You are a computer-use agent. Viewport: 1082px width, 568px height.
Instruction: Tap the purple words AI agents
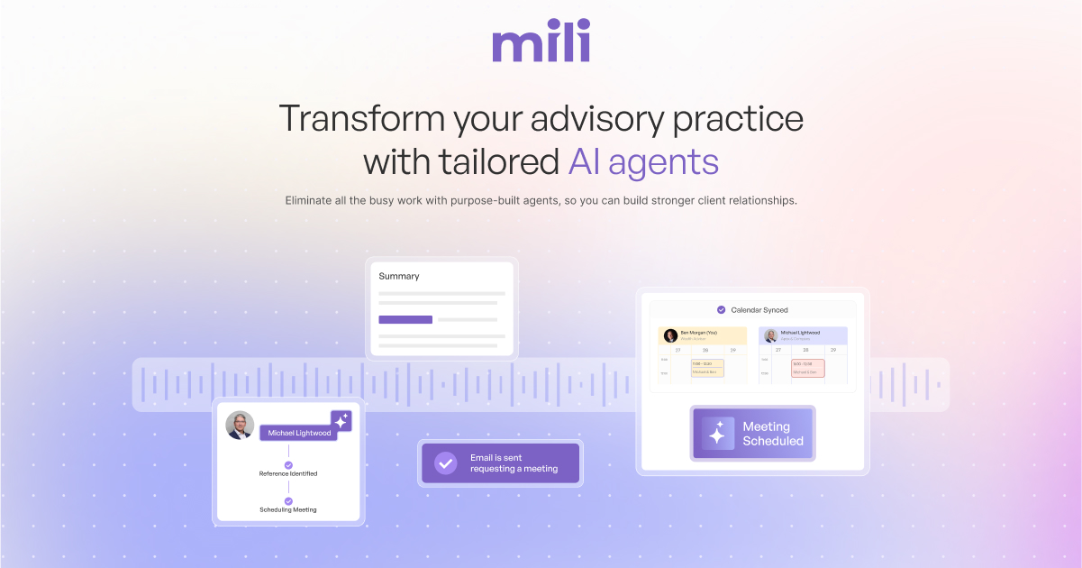[643, 162]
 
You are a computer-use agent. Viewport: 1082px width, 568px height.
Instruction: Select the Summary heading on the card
[399, 276]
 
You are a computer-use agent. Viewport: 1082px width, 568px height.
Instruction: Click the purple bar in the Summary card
[405, 319]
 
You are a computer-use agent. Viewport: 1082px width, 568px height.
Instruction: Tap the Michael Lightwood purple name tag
[299, 433]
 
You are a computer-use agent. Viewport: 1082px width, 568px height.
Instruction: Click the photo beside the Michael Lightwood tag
[240, 425]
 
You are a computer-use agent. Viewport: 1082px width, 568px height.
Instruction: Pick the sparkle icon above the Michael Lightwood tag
[341, 420]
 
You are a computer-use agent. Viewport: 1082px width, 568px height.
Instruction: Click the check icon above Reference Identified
[288, 465]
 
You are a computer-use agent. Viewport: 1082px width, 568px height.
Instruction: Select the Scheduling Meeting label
[288, 509]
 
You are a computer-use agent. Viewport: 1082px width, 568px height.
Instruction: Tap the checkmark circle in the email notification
[445, 463]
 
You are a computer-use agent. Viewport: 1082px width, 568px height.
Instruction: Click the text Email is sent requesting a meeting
[514, 463]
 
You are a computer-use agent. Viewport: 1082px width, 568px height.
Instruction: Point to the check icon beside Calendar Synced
[721, 310]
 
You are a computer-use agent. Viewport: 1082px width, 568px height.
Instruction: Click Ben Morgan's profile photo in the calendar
[670, 335]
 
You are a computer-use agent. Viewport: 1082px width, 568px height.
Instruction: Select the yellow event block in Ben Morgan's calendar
[707, 368]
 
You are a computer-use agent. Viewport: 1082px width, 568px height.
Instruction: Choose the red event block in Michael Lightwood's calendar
[807, 368]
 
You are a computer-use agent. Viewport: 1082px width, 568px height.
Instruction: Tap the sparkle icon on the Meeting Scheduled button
[717, 434]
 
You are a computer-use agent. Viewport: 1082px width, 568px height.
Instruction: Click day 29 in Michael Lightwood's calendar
[833, 350]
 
